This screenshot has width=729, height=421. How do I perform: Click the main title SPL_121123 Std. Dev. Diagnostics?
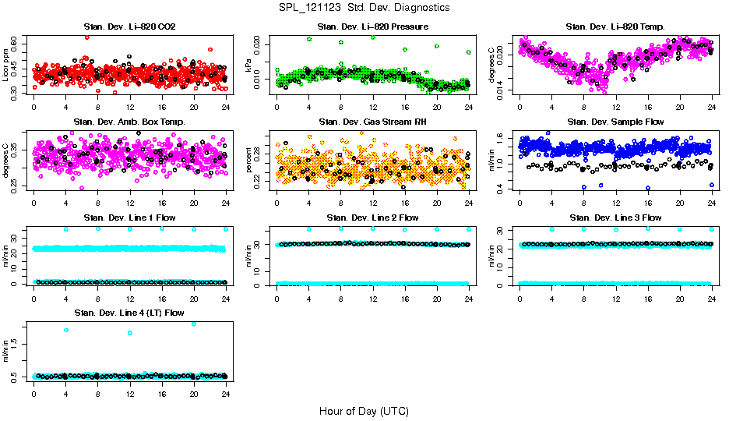[364, 7]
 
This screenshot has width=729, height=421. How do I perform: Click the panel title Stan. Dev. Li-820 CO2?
[129, 27]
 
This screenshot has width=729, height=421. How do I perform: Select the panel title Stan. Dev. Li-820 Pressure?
[372, 27]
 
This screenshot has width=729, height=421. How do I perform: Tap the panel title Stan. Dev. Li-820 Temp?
[615, 27]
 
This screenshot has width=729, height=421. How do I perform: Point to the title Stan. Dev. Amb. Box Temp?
[129, 122]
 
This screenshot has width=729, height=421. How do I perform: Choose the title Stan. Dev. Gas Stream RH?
[372, 122]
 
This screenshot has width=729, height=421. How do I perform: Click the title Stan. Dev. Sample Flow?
[615, 122]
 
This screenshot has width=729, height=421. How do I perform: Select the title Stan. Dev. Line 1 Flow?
[129, 217]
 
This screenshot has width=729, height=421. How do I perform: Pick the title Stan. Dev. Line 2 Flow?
[372, 217]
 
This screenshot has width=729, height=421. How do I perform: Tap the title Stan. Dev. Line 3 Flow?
[615, 217]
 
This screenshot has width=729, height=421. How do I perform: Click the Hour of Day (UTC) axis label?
[364, 411]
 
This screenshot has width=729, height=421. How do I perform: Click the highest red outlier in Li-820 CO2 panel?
[86, 37]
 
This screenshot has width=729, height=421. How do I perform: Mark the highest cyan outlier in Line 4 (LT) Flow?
[193, 324]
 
